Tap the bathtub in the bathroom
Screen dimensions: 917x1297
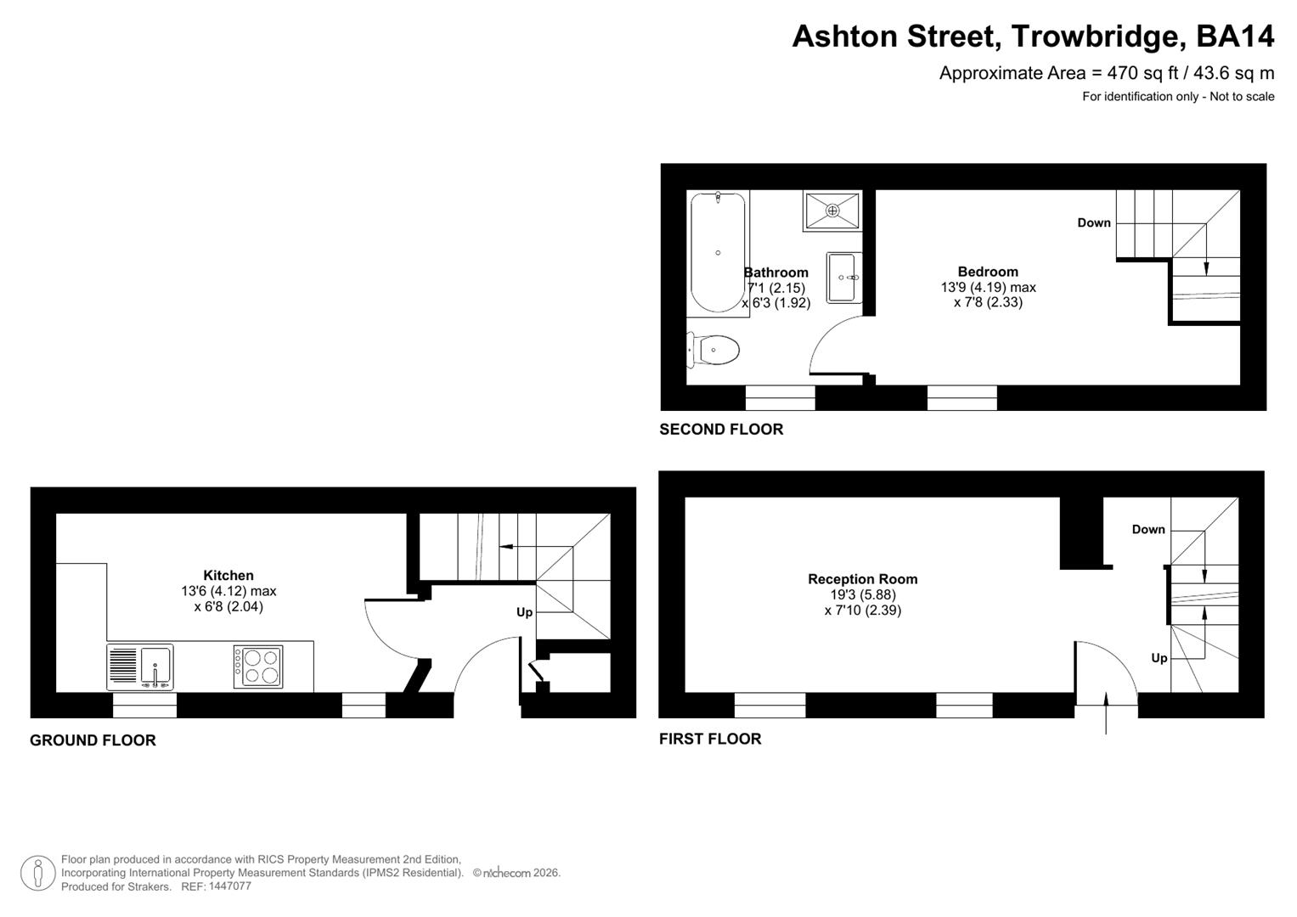point(719,252)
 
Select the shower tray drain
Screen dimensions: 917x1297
point(832,210)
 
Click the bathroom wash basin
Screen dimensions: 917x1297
point(843,277)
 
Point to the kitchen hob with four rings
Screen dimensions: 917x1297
point(258,667)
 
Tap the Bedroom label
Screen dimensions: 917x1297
point(988,272)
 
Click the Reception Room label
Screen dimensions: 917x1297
point(862,579)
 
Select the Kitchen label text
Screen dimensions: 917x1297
point(228,575)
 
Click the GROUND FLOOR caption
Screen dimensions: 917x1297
point(93,740)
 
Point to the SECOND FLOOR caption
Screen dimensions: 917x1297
point(721,430)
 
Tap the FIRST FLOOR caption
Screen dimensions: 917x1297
point(710,739)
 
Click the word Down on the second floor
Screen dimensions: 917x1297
point(1094,222)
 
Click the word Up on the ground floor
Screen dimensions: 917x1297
point(524,612)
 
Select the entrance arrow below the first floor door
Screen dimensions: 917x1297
point(1106,712)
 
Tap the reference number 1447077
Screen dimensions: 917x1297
point(228,886)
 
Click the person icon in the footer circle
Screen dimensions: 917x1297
point(38,873)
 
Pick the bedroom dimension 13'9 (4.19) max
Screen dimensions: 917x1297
point(988,287)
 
